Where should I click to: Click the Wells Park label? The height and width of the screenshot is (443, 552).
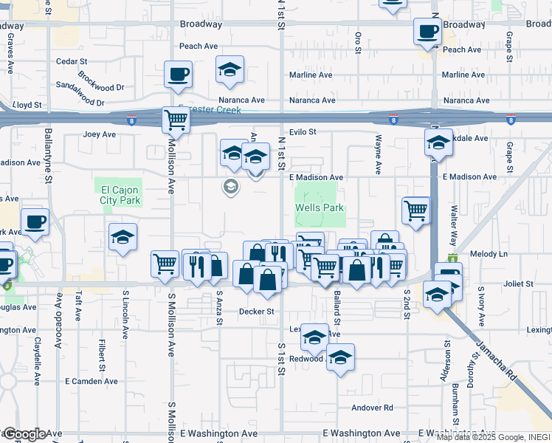pyautogui.click(x=320, y=208)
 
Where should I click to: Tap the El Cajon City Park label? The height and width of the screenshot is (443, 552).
pyautogui.click(x=120, y=195)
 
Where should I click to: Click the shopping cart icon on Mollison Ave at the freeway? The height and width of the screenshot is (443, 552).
pyautogui.click(x=176, y=119)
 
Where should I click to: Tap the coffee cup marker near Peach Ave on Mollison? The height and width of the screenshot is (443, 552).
pyautogui.click(x=179, y=74)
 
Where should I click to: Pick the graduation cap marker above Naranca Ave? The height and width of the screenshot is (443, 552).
pyautogui.click(x=230, y=70)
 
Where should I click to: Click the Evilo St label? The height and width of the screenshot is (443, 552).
pyautogui.click(x=303, y=132)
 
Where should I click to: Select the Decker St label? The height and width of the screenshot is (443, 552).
pyautogui.click(x=256, y=312)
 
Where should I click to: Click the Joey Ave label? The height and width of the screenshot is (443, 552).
pyautogui.click(x=100, y=134)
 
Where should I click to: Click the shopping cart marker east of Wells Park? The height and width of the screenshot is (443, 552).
pyautogui.click(x=416, y=210)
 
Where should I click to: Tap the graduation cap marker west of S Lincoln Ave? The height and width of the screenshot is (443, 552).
pyautogui.click(x=123, y=237)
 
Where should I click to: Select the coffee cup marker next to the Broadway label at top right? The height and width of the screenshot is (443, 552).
pyautogui.click(x=427, y=32)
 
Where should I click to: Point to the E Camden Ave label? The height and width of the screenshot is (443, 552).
pyautogui.click(x=92, y=382)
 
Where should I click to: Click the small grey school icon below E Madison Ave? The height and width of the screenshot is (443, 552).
pyautogui.click(x=231, y=187)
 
